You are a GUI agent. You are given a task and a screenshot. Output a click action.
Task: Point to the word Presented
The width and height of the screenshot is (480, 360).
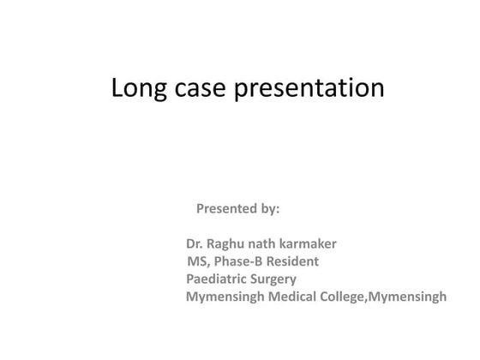[x=226, y=208]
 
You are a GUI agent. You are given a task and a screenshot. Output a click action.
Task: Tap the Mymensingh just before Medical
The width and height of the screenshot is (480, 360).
[x=226, y=297]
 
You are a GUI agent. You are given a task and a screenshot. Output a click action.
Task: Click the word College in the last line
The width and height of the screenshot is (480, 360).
[x=345, y=297]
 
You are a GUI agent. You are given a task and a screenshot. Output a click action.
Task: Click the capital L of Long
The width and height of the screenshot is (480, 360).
[x=117, y=88]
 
